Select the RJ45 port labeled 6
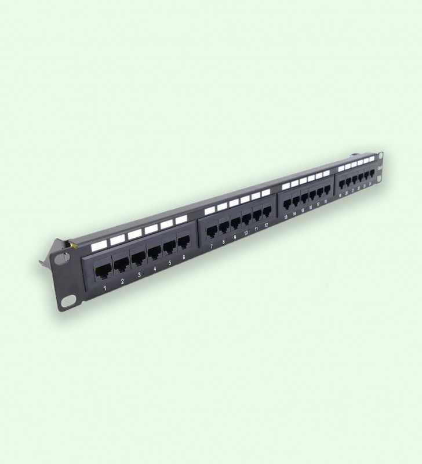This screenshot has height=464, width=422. [x=183, y=241]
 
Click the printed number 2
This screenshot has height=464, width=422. [x=122, y=282]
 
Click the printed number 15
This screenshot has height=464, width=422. [x=303, y=211]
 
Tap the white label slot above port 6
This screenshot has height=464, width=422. [x=181, y=219]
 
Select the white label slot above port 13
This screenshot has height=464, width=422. [x=285, y=186]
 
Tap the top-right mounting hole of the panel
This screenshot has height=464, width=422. [x=381, y=155]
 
